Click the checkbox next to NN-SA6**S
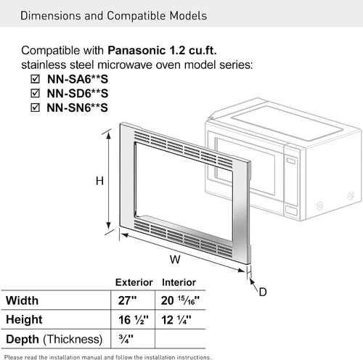pyautogui.click(x=35, y=79)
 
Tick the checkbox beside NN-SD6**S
pyautogui.click(x=35, y=93)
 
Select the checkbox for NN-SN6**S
pyautogui.click(x=35, y=107)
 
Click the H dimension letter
pyautogui.click(x=99, y=181)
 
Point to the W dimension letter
pyautogui.click(x=175, y=260)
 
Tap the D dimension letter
pyautogui.click(x=263, y=292)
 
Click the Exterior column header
pyautogui.click(x=134, y=282)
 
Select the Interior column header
pyautogui.click(x=179, y=282)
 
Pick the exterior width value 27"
pyautogui.click(x=127, y=300)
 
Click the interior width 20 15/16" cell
pyautogui.click(x=180, y=300)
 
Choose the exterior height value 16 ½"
pyautogui.click(x=134, y=320)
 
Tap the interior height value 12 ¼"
pyautogui.click(x=176, y=320)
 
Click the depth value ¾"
pyautogui.click(x=126, y=339)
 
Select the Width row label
pyautogui.click(x=23, y=300)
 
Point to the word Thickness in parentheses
pyautogui.click(x=73, y=339)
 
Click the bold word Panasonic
pyautogui.click(x=136, y=50)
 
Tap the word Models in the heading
pyautogui.click(x=188, y=16)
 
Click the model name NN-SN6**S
pyautogui.click(x=78, y=107)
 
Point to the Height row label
pyautogui.click(x=24, y=319)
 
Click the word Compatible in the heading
pyautogui.click(x=136, y=16)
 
